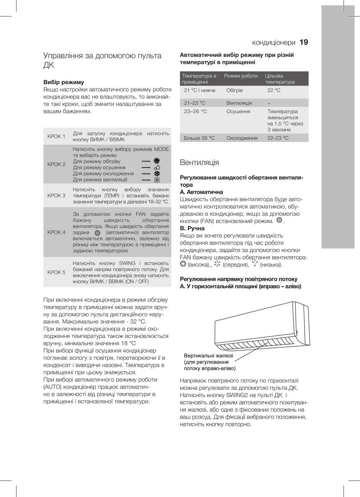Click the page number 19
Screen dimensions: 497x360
point(304,42)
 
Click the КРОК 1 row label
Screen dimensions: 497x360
point(56,137)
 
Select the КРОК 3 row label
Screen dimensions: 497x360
point(56,196)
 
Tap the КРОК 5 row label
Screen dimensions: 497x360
point(56,272)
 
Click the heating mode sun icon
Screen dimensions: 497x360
point(157,161)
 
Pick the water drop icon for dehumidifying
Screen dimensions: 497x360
point(157,167)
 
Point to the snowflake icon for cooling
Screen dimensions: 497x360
point(157,174)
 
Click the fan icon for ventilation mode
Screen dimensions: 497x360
point(157,180)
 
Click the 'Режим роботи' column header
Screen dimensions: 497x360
point(241,76)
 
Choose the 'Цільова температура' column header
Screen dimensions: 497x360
point(280,79)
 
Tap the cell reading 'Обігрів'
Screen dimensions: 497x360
point(235,90)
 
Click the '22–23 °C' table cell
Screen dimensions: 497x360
point(278,138)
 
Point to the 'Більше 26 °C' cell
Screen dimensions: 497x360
point(199,138)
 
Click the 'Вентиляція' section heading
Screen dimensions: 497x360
point(199,162)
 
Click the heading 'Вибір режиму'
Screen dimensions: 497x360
point(64,82)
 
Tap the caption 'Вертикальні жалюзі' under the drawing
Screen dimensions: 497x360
point(208,356)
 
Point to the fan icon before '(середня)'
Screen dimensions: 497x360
point(217,264)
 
